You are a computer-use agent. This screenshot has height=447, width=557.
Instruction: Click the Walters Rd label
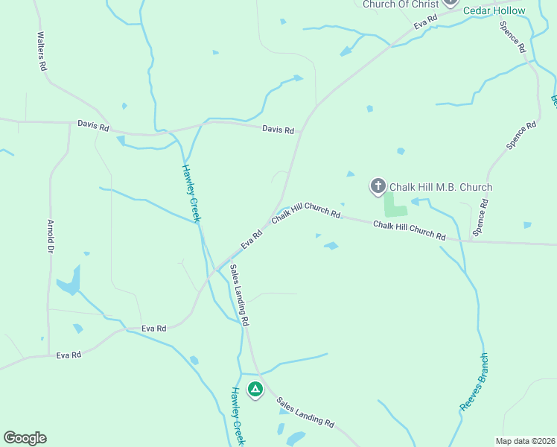coord(42,51)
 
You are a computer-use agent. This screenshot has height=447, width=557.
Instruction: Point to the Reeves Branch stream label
coord(474,382)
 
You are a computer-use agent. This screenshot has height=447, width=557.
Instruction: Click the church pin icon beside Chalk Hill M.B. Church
coord(378,186)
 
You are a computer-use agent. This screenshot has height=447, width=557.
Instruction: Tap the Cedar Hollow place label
coord(494,11)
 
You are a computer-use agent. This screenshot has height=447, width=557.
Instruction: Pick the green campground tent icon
coord(255,389)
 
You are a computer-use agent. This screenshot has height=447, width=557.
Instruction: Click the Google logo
coord(25,438)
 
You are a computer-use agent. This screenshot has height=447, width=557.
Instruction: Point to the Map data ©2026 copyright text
coord(525,441)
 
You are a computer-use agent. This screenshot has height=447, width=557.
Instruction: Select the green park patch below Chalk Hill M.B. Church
coord(394,205)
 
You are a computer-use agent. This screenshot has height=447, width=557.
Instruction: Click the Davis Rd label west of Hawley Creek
coord(93,126)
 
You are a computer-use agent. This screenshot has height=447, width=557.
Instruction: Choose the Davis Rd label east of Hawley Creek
coord(278,130)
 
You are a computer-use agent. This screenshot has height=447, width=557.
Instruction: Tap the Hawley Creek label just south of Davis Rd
coord(192,192)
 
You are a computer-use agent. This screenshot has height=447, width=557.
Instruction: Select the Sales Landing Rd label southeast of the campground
coord(305,412)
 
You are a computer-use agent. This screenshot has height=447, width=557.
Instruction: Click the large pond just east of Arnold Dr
coord(69,281)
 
